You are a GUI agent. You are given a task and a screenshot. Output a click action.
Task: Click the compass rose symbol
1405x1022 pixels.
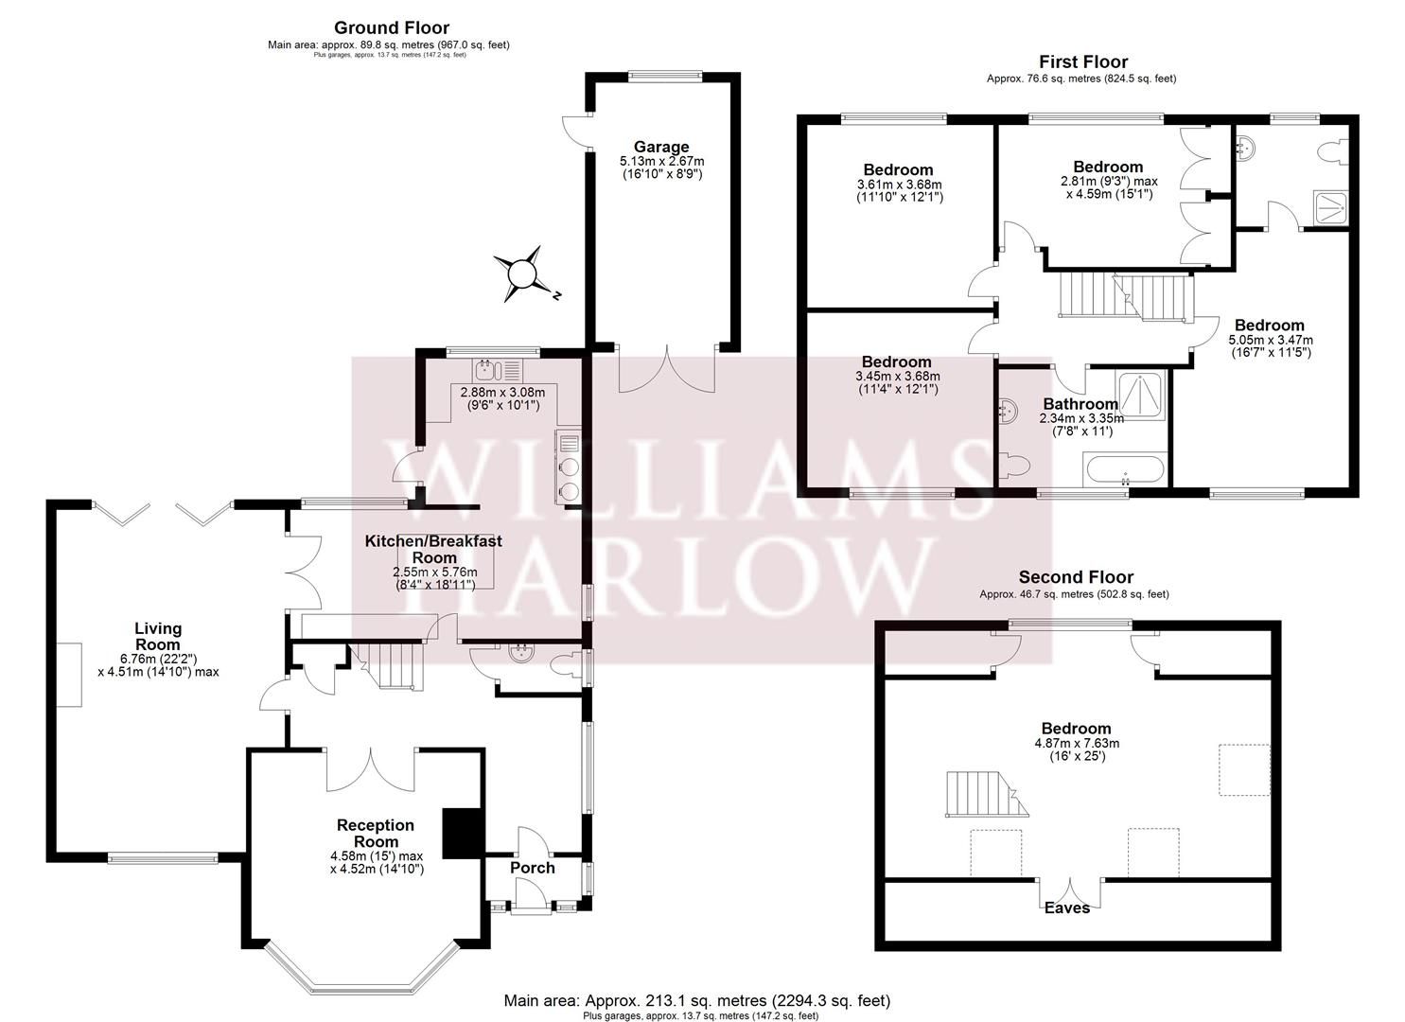(x=521, y=274)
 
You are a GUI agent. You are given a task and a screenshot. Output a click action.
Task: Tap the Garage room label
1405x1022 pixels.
(x=661, y=147)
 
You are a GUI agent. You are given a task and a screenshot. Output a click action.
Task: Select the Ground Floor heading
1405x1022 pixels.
(x=392, y=28)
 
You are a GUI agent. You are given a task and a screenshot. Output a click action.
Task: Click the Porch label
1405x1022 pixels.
(x=532, y=868)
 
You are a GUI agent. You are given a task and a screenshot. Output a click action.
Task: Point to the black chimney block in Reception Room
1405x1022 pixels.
(x=462, y=833)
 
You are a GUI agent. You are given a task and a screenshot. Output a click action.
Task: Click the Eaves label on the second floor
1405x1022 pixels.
(x=1067, y=908)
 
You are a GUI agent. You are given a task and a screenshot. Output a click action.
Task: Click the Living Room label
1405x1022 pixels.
(x=158, y=636)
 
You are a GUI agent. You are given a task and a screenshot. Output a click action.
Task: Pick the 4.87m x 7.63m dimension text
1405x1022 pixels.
(x=1076, y=743)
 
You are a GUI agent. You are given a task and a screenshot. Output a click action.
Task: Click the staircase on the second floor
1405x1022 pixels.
(x=984, y=793)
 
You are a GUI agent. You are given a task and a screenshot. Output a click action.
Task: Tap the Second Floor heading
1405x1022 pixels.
(x=1075, y=577)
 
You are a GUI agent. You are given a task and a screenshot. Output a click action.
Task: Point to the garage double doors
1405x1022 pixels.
(x=666, y=369)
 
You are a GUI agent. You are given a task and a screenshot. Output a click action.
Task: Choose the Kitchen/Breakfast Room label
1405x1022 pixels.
(x=433, y=550)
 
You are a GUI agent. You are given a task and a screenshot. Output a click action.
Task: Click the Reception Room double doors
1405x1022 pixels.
(x=371, y=769)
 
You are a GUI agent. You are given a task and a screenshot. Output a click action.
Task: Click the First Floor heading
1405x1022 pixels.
(x=1083, y=62)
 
